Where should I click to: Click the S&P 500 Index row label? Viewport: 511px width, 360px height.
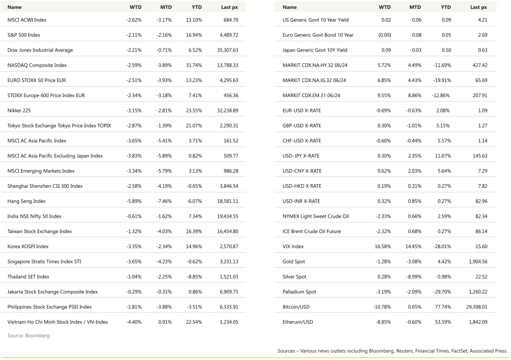pos(24,35)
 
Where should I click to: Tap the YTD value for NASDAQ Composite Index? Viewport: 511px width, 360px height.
pos(193,66)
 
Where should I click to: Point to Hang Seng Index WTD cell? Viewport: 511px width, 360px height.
pos(134,201)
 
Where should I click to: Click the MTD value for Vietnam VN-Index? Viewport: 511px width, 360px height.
pos(165,322)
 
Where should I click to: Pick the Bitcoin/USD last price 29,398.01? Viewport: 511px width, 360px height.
pos(473,307)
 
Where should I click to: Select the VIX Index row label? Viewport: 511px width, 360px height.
pos(293,247)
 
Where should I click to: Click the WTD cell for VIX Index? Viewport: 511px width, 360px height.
pos(382,247)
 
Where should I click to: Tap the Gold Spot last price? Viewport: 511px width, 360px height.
pos(476,261)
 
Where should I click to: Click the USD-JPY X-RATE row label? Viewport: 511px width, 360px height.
pos(302,156)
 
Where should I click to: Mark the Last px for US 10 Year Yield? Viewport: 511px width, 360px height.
pos(483,20)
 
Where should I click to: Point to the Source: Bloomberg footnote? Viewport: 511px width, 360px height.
pos(28,336)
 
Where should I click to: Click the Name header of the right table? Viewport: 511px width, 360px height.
pos(290,7)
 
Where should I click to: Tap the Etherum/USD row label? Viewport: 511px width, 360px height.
pos(298,322)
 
